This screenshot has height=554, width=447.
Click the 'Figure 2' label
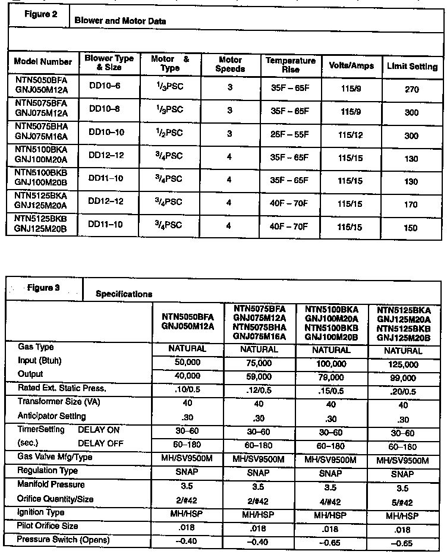40,15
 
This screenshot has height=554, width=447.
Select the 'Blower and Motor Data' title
120,21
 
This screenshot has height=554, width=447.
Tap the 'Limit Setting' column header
412,67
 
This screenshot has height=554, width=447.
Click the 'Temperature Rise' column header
290,65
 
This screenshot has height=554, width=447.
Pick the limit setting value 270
411,90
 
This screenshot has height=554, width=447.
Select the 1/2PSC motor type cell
166,134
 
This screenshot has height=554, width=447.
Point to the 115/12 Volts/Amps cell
351,136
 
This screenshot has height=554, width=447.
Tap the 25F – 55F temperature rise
289,135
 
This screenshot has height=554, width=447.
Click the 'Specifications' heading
124,294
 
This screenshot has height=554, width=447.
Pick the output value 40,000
188,375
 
